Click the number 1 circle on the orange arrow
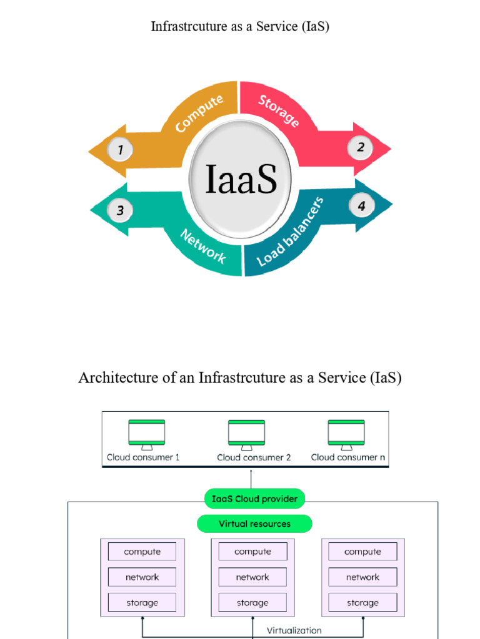coord(119,150)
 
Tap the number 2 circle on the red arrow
coord(361,148)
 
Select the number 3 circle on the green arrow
coord(120,210)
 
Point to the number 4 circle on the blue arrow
coord(361,205)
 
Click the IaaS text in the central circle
coord(241,178)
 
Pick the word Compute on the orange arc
coord(199,114)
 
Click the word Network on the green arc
coord(203,246)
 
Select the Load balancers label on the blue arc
coord(291,232)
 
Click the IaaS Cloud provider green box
coord(254,499)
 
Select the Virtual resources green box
coord(254,524)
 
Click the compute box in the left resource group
coord(142,552)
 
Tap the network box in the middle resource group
coord(252,577)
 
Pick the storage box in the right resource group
coord(362,603)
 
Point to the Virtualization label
coord(294,630)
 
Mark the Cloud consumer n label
coord(348,457)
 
